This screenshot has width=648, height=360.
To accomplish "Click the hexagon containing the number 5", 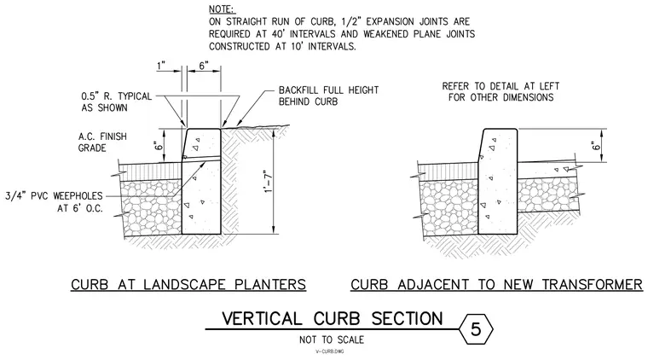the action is click(476, 329).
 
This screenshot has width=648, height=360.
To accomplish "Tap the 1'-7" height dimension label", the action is click(269, 181).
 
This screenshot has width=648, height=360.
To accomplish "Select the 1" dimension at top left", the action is click(161, 66).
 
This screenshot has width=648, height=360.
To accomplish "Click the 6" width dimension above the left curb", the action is click(204, 66).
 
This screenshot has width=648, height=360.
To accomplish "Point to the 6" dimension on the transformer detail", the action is click(595, 146).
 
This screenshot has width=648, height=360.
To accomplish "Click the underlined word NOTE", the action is click(222, 9).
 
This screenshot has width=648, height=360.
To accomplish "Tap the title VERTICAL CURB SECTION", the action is click(333, 319).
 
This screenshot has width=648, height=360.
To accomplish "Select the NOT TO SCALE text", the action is click(332, 340).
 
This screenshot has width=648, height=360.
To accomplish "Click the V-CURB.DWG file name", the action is click(330, 351).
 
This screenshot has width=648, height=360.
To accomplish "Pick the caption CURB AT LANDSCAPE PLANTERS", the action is click(188, 285).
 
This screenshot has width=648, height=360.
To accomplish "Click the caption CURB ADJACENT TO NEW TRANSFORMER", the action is click(497, 285).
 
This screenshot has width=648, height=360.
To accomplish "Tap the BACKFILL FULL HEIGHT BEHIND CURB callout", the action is click(328, 96).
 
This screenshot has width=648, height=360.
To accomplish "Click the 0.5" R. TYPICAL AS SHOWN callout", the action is click(117, 102).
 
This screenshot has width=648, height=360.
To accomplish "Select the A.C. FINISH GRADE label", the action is click(102, 142).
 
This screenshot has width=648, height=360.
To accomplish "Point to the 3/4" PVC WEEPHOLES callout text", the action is click(54, 201).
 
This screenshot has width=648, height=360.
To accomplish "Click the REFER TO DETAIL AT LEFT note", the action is click(500, 92).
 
